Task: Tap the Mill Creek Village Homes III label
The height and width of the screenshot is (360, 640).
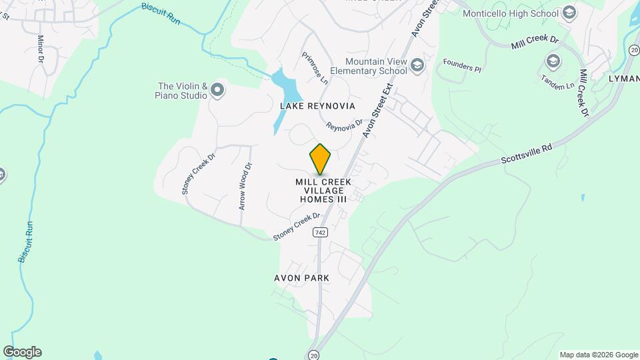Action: (x=323, y=190)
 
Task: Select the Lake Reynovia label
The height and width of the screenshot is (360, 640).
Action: (x=317, y=106)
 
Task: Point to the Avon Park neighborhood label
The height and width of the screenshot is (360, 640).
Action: (x=301, y=277)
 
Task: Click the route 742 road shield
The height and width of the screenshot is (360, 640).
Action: (x=321, y=231)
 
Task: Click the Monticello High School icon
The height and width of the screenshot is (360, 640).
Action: (x=569, y=12)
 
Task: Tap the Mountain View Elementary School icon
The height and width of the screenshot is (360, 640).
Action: (x=417, y=65)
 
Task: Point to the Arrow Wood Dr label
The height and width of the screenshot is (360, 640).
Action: (x=245, y=187)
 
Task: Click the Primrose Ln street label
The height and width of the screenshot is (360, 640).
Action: (x=315, y=68)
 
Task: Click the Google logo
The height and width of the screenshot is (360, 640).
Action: (x=22, y=352)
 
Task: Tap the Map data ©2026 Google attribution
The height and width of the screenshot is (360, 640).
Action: (x=599, y=355)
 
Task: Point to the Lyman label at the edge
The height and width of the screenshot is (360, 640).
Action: (x=623, y=78)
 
